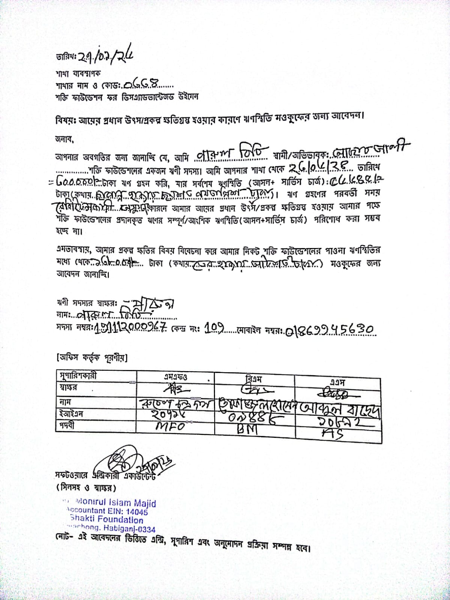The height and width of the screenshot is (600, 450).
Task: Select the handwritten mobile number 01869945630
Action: [x=330, y=330]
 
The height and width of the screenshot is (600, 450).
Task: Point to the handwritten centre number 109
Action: [x=214, y=329]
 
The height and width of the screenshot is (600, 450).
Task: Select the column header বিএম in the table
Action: [x=253, y=379]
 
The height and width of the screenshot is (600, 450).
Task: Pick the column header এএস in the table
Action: [x=337, y=382]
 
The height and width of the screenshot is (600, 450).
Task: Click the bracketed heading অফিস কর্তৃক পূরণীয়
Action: [x=92, y=358]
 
